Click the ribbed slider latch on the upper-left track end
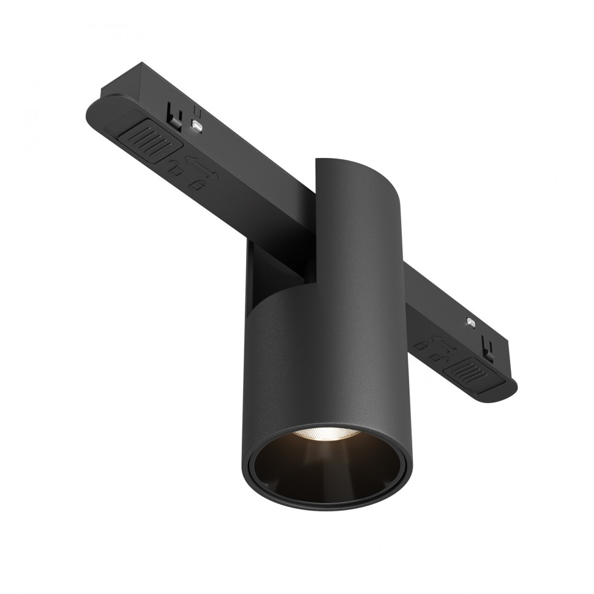click(152, 143)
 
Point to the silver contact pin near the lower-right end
click(469, 321)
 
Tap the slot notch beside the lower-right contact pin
click(489, 348)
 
